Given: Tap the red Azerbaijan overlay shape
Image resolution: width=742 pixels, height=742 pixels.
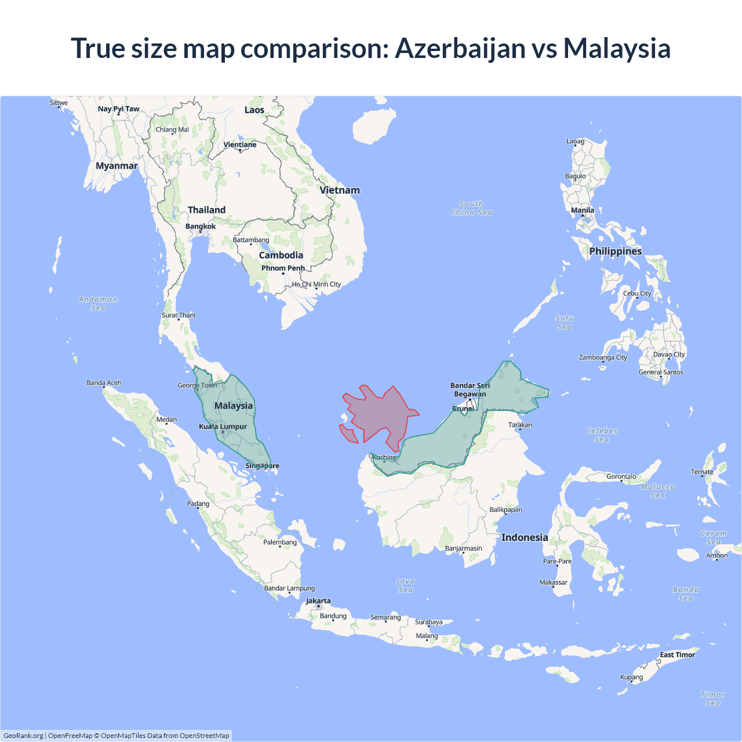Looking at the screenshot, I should point(380,414).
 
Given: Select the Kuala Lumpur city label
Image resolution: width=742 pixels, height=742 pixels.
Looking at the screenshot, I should point(223,427).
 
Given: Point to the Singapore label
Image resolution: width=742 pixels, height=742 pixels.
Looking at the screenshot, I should point(262,466).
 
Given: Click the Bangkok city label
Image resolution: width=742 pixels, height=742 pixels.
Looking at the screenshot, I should point(200,227).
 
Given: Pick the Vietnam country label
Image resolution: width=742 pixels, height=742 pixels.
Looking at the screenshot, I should point(340,190).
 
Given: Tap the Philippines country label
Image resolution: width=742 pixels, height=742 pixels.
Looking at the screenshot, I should point(615,251).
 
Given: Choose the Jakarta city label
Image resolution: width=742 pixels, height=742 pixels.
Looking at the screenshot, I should point(318,601).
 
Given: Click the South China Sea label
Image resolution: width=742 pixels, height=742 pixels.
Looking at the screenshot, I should point(471,208).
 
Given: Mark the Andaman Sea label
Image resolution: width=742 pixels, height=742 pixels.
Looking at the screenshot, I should point(98,303).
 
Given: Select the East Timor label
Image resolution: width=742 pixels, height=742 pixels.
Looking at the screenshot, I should point(677,655).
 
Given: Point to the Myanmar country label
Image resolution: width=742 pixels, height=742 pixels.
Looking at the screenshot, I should point(117,166).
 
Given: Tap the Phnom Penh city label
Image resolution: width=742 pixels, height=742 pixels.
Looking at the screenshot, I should point(283,268).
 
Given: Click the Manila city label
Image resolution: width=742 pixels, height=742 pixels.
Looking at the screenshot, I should point(583,210).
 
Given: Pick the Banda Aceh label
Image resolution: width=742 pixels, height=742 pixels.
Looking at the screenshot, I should point(104,383).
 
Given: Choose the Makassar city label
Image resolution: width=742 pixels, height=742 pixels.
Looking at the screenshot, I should point(554,583).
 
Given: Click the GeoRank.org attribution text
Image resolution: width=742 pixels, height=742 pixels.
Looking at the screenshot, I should point(23,736).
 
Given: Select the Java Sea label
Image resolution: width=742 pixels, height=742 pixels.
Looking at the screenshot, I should point(405,585).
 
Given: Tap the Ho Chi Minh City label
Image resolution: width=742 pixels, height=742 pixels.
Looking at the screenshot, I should point(317,285).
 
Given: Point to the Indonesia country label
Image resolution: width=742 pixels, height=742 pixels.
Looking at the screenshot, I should point(525,537).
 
